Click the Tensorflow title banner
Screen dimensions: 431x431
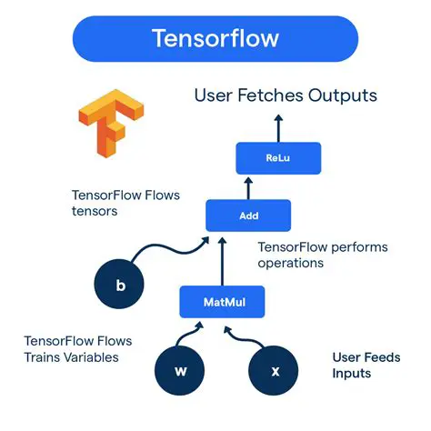(x=215, y=40)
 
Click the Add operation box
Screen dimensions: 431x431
(x=248, y=215)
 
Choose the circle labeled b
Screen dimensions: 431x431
(x=121, y=286)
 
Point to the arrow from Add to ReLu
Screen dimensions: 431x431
(x=248, y=186)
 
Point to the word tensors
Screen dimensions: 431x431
(x=95, y=211)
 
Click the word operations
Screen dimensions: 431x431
(x=291, y=263)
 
